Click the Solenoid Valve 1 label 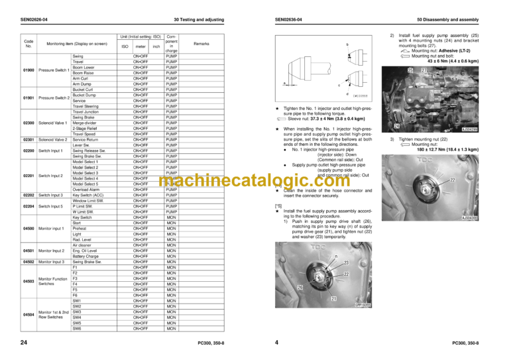(x=53, y=123)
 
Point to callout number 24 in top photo (x=396, y=125)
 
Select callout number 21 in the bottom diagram (x=333, y=299)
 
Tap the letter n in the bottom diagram (x=337, y=255)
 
